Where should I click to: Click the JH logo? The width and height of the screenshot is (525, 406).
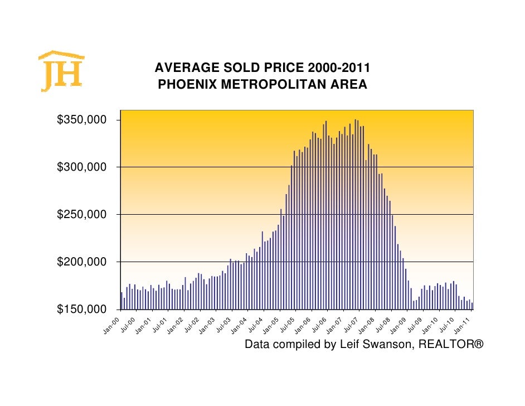(x=61, y=71)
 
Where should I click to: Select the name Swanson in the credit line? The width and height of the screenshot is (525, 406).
(x=384, y=345)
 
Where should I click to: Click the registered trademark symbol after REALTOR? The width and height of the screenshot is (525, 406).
(x=478, y=345)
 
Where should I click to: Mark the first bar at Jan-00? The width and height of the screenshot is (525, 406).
(x=121, y=301)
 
